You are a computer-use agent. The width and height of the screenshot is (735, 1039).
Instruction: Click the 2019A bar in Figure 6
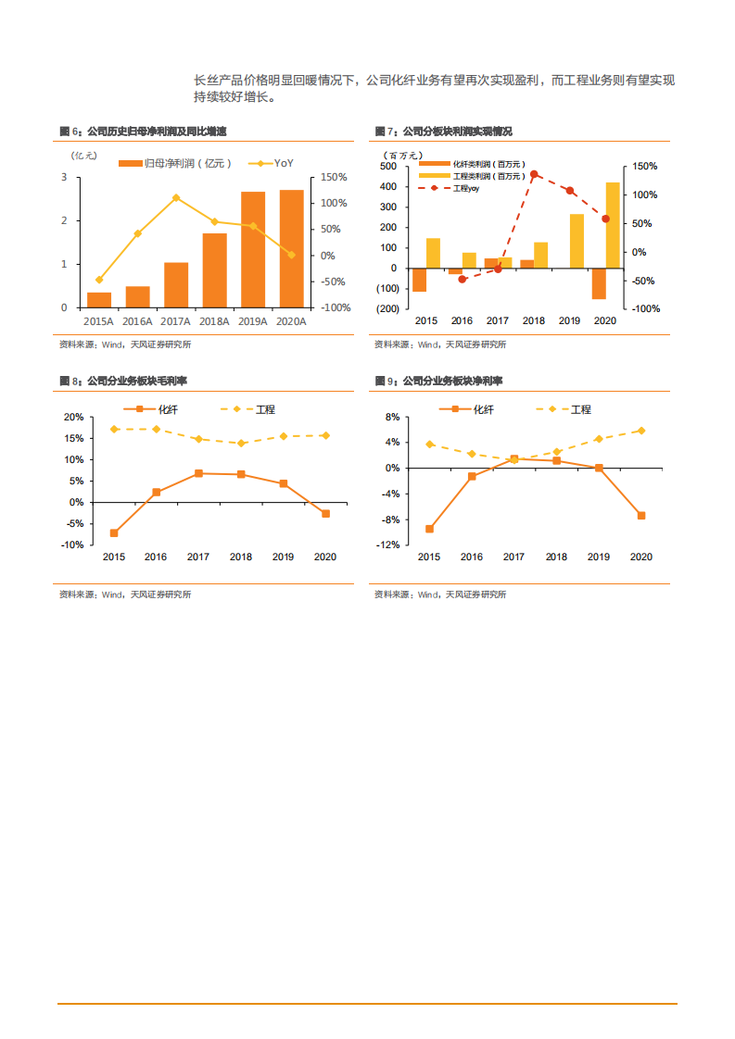(x=253, y=249)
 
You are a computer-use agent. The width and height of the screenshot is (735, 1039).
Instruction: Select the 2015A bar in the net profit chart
(x=99, y=299)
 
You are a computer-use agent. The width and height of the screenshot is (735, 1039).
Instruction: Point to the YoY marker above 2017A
(x=176, y=197)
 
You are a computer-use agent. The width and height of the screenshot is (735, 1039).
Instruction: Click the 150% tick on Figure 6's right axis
(x=334, y=177)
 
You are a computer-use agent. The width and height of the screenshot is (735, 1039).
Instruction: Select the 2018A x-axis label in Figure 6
(x=214, y=320)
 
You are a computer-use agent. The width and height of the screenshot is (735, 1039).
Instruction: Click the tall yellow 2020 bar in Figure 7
(x=613, y=225)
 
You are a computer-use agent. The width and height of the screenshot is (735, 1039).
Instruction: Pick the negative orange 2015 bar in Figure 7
(x=419, y=280)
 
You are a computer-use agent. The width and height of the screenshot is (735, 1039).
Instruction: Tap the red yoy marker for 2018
(x=534, y=174)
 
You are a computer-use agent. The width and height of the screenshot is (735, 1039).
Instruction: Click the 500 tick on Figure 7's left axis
(x=389, y=167)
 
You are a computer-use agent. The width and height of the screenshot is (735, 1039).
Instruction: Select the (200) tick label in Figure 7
(x=387, y=308)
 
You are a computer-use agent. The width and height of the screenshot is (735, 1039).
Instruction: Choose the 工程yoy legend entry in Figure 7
(x=463, y=188)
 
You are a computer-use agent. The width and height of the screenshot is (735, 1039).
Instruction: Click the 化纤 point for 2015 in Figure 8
(x=114, y=532)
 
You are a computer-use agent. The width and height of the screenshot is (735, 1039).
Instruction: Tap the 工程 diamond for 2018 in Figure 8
(x=241, y=443)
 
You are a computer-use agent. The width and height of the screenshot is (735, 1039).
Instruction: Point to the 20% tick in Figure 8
(x=72, y=418)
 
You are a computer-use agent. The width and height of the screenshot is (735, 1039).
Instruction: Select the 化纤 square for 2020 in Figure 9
(x=640, y=516)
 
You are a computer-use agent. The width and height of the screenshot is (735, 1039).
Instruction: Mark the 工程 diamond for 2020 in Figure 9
(x=640, y=431)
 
